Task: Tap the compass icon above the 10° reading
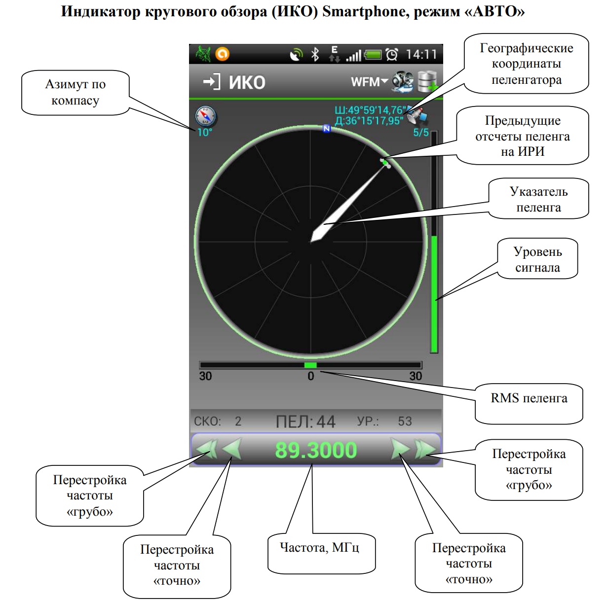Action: point(205,116)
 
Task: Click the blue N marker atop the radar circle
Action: point(326,129)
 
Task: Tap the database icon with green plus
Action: point(427,81)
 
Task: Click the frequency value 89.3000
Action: point(316,450)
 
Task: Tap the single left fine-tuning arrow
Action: point(232,449)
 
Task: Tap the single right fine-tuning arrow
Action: point(400,449)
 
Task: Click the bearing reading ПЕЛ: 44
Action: point(305,422)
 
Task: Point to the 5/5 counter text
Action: point(421,133)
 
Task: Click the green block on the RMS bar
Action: point(310,365)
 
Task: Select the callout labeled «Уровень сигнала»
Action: point(537,259)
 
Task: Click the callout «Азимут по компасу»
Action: point(76,93)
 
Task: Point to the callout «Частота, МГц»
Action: point(320,548)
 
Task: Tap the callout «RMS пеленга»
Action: point(529,398)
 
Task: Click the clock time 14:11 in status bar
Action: point(421,54)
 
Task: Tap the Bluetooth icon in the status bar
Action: point(315,54)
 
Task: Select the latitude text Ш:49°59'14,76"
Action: point(371,110)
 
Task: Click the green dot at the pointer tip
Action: point(385,162)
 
